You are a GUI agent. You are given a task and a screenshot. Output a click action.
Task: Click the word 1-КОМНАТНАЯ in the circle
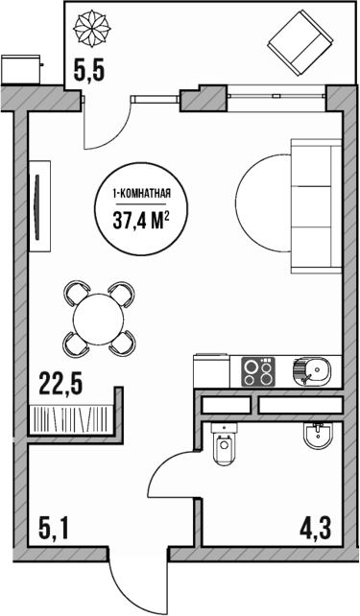(x=141, y=195)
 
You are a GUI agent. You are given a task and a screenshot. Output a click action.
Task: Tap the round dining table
(x=99, y=314)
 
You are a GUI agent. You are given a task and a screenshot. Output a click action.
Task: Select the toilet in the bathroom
(x=226, y=445)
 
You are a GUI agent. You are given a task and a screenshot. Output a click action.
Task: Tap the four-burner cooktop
(x=257, y=370)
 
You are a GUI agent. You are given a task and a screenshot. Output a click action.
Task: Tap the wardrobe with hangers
(x=72, y=418)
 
